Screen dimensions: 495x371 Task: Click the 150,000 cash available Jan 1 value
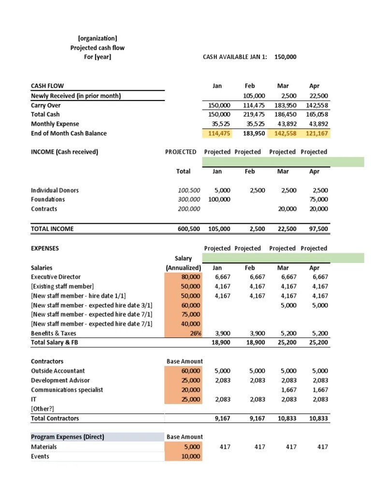tap(285, 57)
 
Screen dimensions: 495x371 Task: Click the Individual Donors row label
tap(55, 190)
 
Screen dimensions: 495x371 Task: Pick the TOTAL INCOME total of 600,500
tap(188, 229)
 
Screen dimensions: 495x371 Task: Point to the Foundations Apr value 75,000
tap(317, 199)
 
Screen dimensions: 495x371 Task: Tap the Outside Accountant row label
tap(57, 371)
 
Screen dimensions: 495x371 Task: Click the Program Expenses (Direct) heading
tap(67, 437)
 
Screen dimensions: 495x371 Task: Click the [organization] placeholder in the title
tap(97, 38)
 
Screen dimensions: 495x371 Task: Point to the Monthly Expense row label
tap(55, 124)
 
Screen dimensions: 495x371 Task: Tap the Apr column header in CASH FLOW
tap(314, 86)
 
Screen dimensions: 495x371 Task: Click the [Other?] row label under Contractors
tap(43, 408)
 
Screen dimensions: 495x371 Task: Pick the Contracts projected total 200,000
tap(189, 209)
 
